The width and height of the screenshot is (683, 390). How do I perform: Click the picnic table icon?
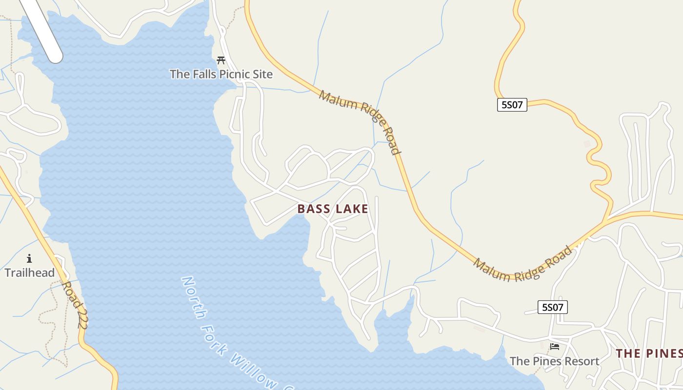[221, 60]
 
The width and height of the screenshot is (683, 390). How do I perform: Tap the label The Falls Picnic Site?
[221, 74]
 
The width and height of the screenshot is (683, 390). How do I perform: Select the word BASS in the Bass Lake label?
[314, 209]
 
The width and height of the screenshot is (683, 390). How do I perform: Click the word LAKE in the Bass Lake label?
[351, 209]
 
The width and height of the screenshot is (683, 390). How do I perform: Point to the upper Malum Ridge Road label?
[360, 121]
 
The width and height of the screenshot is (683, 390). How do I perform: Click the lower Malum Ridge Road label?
[522, 265]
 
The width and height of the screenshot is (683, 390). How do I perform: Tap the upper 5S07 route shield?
[512, 105]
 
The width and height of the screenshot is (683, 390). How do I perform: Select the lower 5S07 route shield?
[553, 307]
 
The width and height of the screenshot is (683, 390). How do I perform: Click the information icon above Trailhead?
[29, 258]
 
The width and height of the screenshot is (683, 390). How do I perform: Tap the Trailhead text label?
[30, 273]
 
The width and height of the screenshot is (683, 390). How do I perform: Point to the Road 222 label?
[76, 305]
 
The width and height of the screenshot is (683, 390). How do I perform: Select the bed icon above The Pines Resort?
[555, 347]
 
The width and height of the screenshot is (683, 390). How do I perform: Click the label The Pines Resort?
[554, 361]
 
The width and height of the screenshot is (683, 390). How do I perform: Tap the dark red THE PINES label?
[649, 353]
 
